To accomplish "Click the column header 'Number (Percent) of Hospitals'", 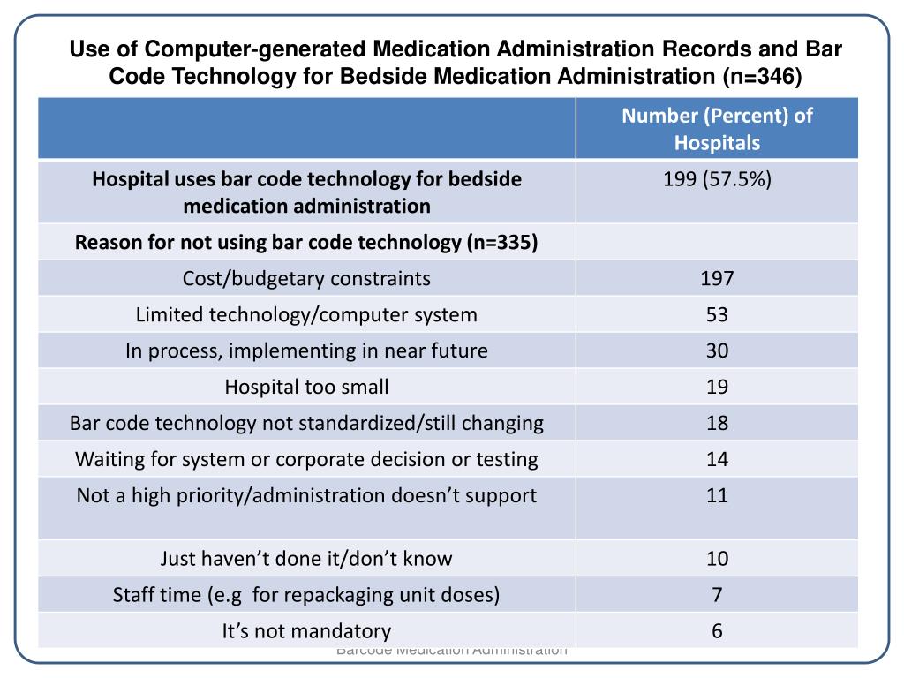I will (717, 129).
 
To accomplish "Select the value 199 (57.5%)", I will (717, 180).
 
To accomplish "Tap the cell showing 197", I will (717, 279).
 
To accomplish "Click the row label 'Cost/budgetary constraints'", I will (306, 279).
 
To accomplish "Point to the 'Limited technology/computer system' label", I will (306, 315).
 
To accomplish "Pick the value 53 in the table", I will (717, 315).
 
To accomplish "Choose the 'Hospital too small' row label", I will (306, 387).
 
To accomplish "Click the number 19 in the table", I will (717, 387).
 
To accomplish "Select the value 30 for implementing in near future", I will (717, 350).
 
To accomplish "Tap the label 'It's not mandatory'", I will (306, 631).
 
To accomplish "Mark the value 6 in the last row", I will (717, 631).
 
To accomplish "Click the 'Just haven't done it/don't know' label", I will (306, 559).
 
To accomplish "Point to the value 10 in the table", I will (717, 559).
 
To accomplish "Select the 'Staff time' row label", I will (306, 595).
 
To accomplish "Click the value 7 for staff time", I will (717, 595).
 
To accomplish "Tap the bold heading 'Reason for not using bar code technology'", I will (306, 243).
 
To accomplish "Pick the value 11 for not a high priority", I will (717, 495).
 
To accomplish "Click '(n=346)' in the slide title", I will (761, 77).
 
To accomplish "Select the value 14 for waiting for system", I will (717, 459).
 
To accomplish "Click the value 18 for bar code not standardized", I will (717, 423).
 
